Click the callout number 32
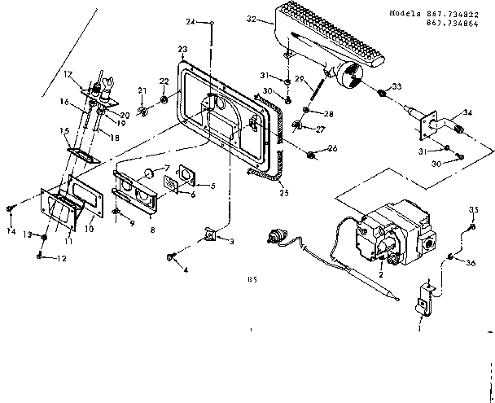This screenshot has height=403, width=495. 253,17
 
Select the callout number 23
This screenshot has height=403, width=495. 182,49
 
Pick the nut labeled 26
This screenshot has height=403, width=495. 314,153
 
